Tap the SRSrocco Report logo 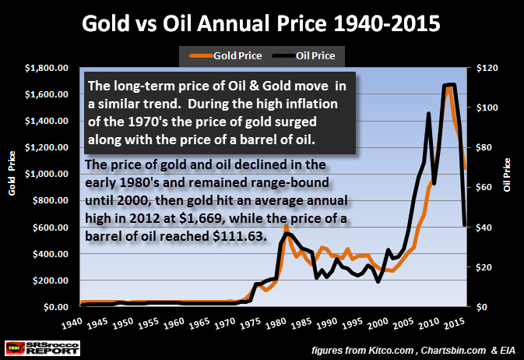pos(30,344)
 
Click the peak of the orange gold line pos(449,87)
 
